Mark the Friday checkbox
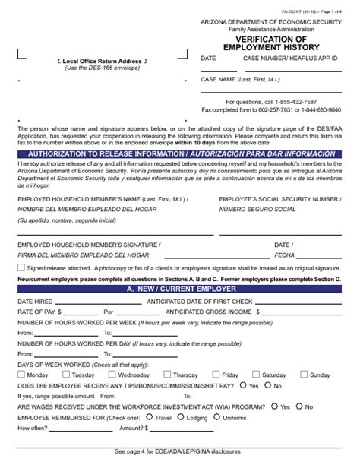215,375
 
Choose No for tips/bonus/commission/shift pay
267,385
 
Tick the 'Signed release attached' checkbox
21,268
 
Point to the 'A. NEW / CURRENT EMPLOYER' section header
180,289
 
